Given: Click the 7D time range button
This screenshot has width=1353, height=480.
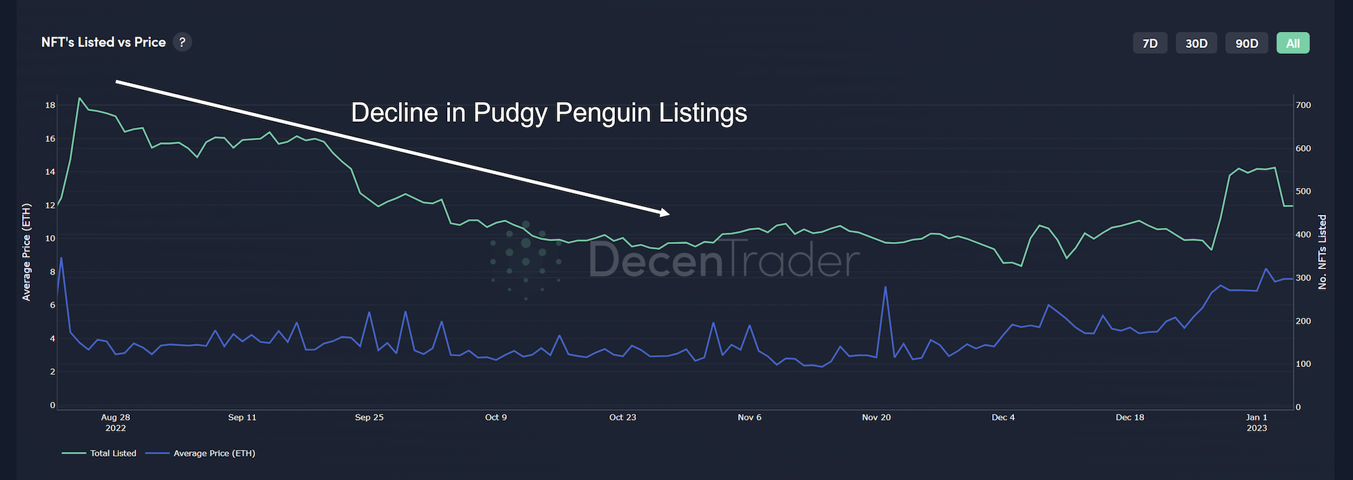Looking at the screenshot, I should coord(1149,43).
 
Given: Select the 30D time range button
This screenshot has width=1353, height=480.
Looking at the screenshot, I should coord(1196,43).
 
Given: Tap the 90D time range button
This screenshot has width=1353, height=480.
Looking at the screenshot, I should coord(1246,43).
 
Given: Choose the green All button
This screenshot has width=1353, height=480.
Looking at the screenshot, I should coord(1293,43).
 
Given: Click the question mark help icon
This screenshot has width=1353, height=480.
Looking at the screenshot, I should coord(182,42).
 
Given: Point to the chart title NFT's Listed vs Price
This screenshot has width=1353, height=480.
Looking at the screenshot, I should coord(104,42).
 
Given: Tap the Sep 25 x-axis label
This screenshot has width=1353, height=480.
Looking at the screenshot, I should coord(369,417).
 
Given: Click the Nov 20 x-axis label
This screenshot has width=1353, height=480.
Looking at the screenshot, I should coord(876,417).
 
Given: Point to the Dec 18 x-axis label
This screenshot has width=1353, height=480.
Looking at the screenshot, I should coord(1130,417).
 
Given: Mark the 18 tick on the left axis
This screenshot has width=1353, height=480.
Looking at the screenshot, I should coord(50,105).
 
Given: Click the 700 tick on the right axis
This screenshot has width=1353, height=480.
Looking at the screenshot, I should coord(1303,105).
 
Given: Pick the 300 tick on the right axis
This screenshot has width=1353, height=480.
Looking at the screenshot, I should coord(1303,278).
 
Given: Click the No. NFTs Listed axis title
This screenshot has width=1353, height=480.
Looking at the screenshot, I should coord(1323,251).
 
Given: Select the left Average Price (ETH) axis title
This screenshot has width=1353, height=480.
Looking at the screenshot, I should coord(26,251).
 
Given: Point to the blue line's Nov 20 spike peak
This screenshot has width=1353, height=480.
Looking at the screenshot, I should coord(885,287).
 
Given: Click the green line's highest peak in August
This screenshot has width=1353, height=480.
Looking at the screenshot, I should coord(79,98).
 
